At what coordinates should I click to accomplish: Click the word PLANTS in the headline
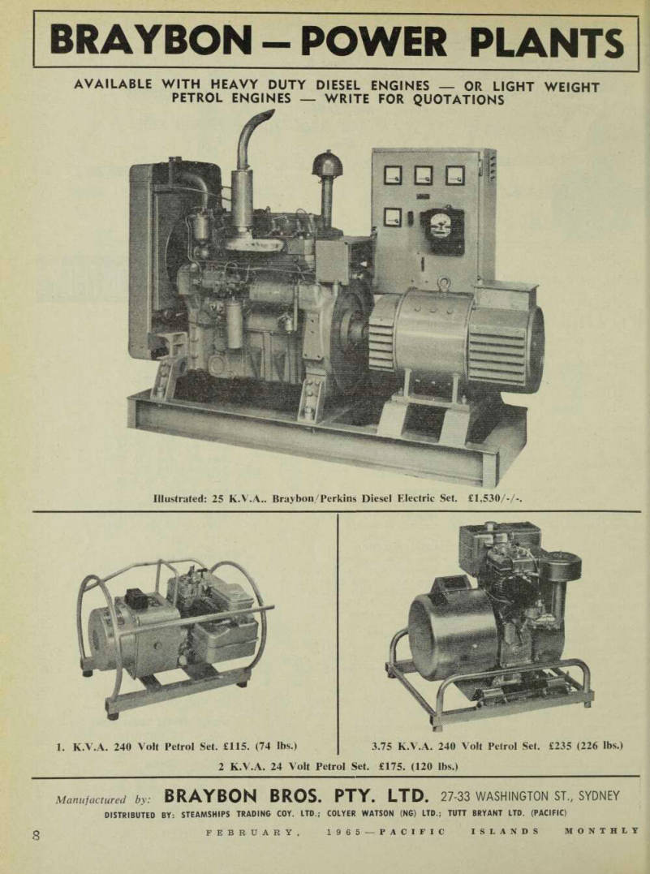[547, 42]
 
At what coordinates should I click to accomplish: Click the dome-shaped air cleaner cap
[327, 163]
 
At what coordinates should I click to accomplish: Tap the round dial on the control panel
[442, 229]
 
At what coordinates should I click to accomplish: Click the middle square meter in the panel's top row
[424, 175]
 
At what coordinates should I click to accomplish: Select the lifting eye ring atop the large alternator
[444, 284]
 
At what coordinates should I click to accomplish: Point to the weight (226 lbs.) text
[599, 745]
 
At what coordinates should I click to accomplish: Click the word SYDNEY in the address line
[599, 795]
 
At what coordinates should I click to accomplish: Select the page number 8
[37, 835]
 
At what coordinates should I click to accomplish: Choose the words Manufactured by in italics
[103, 799]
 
